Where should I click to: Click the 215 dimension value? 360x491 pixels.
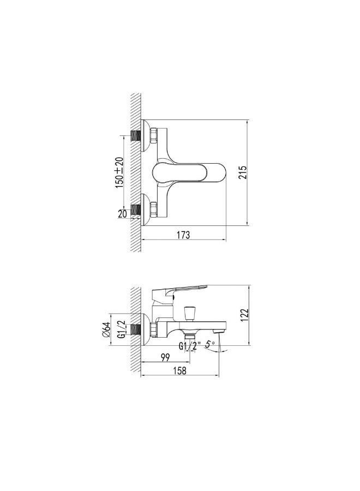[x=243, y=172]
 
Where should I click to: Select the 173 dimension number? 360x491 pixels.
[x=183, y=235]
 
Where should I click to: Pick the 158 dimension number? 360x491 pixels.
[x=179, y=370]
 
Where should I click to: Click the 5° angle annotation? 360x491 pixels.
[x=210, y=344]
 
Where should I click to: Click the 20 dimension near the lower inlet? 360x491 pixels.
[x=123, y=214]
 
